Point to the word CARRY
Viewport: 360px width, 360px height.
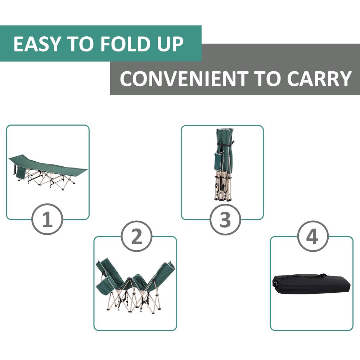(x=319, y=78)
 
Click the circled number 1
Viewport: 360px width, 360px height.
(x=47, y=219)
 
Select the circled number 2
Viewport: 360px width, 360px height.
(x=136, y=236)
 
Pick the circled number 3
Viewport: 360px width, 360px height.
(x=225, y=219)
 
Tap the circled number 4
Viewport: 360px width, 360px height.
(x=313, y=236)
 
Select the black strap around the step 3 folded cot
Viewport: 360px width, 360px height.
(x=225, y=145)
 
